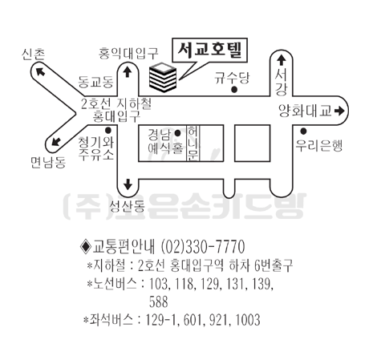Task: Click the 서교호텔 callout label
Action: (209, 51)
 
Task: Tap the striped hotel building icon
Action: (163, 77)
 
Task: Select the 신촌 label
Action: (33, 55)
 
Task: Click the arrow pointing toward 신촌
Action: (40, 71)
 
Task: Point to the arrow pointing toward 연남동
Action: (56, 141)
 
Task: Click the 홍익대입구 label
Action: (128, 54)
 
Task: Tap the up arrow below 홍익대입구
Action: (128, 71)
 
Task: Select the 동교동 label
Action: (95, 82)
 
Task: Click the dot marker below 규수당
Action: (234, 90)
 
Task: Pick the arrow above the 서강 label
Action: (281, 60)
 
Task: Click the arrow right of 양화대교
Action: (339, 111)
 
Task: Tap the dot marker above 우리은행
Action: (303, 131)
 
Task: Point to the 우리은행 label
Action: (318, 146)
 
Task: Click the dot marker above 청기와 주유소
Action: (108, 131)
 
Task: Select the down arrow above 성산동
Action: (128, 184)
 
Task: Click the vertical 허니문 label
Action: (193, 144)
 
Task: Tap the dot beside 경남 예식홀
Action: (177, 133)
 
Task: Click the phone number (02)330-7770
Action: (203, 246)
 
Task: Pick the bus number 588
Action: (159, 302)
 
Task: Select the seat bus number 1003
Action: (248, 320)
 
